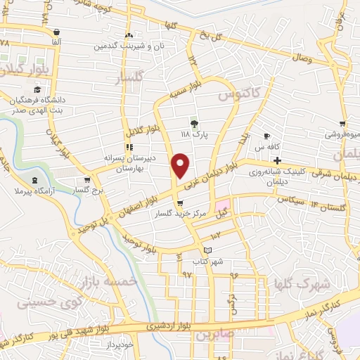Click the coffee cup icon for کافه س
[266, 136]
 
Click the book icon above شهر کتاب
[207, 250]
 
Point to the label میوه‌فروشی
[340, 134]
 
